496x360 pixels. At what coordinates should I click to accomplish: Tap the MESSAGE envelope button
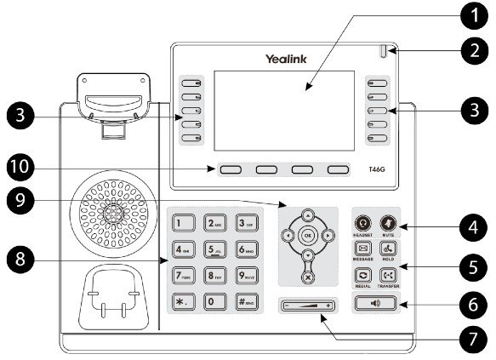click(362, 249)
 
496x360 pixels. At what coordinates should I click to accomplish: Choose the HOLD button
click(389, 249)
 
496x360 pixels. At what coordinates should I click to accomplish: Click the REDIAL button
click(362, 275)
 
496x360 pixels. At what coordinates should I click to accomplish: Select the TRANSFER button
click(389, 275)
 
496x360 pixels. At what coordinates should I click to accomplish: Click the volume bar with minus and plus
click(308, 304)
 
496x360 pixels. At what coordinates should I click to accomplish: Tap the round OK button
click(308, 234)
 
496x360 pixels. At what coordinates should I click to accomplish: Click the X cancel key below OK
click(308, 277)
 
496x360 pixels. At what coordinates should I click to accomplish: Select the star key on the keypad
click(182, 303)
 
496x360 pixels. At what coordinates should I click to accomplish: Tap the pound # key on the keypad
click(245, 303)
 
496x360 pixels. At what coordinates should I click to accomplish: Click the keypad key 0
click(214, 303)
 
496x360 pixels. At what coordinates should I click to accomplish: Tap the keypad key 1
click(182, 224)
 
